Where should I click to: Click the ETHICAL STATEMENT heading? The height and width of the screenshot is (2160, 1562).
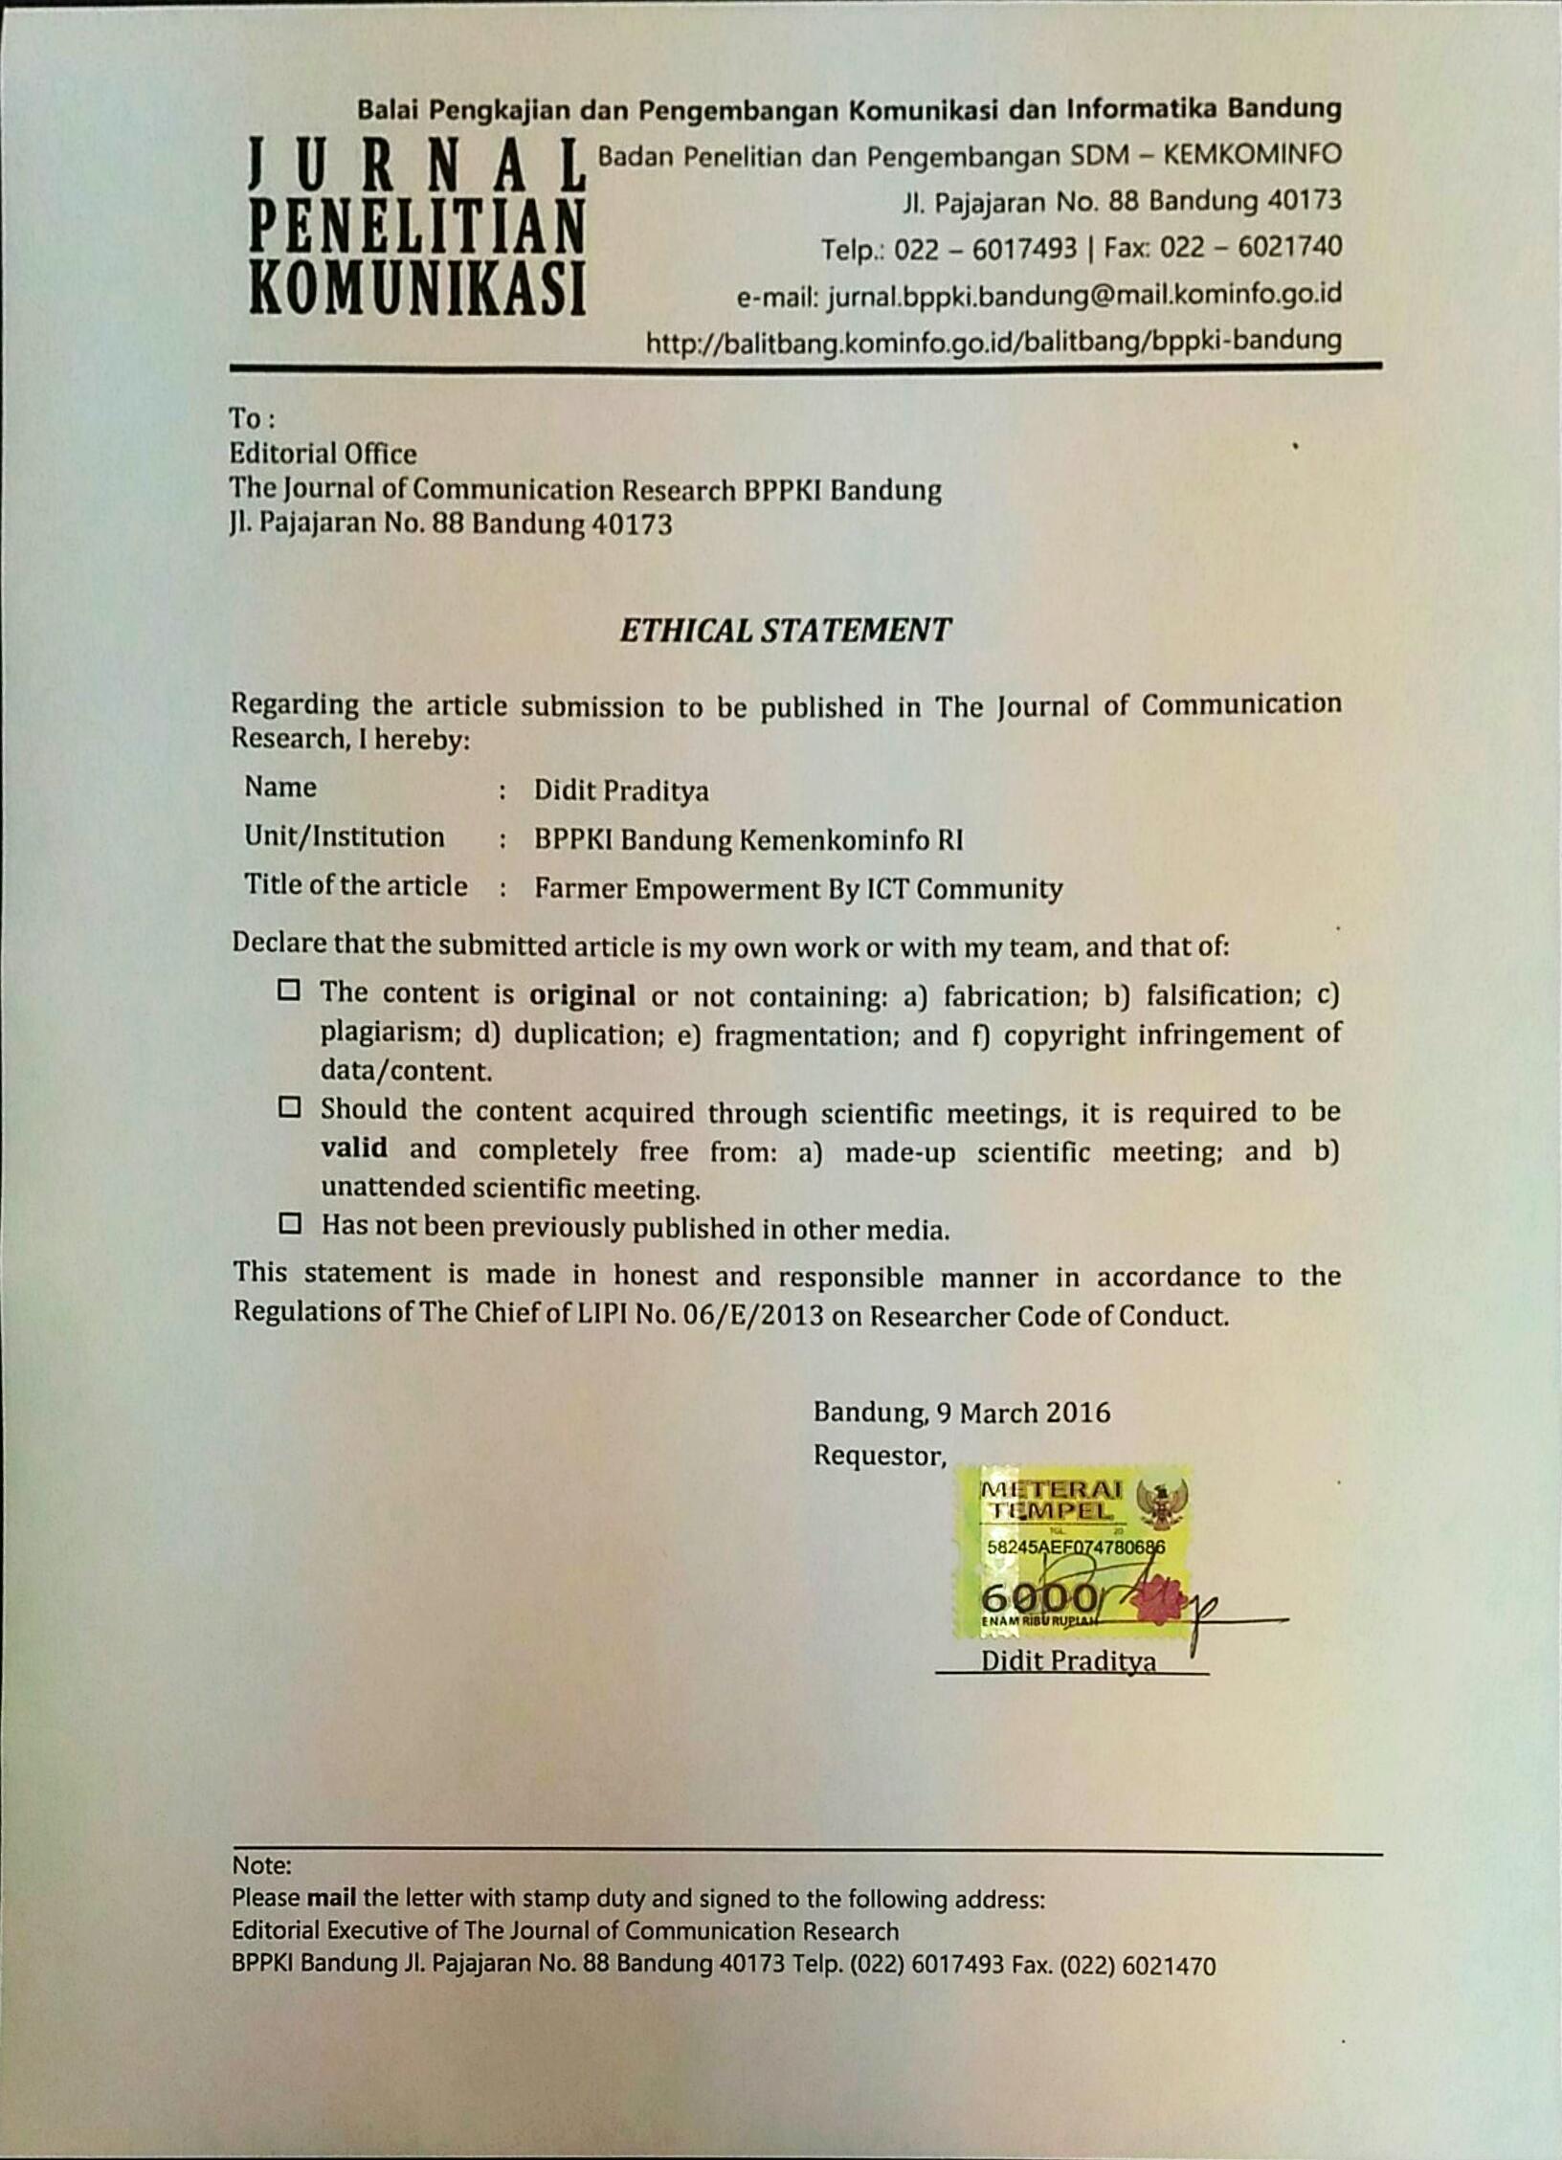[x=785, y=630]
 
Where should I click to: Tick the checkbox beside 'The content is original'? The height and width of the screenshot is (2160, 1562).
[x=289, y=990]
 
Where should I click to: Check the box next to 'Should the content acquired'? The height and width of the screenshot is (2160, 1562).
[x=289, y=1107]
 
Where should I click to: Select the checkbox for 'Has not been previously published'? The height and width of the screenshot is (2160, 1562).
[x=289, y=1223]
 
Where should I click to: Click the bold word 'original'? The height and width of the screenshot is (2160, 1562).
[x=582, y=995]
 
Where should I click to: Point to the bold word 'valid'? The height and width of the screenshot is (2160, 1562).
[x=353, y=1147]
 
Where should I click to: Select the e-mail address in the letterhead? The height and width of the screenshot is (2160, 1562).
[x=1084, y=294]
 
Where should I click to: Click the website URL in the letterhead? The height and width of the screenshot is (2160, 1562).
[x=993, y=340]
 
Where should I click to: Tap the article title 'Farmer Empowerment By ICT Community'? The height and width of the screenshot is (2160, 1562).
[x=798, y=889]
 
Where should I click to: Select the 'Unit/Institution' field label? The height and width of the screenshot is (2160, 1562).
[x=344, y=836]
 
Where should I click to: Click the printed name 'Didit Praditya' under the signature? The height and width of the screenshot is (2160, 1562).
[x=1068, y=1659]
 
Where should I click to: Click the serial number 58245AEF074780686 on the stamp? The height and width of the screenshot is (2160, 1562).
[x=1076, y=1547]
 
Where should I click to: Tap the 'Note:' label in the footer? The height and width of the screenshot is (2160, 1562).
[x=261, y=1865]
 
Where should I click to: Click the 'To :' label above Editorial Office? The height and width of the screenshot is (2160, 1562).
[x=252, y=418]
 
